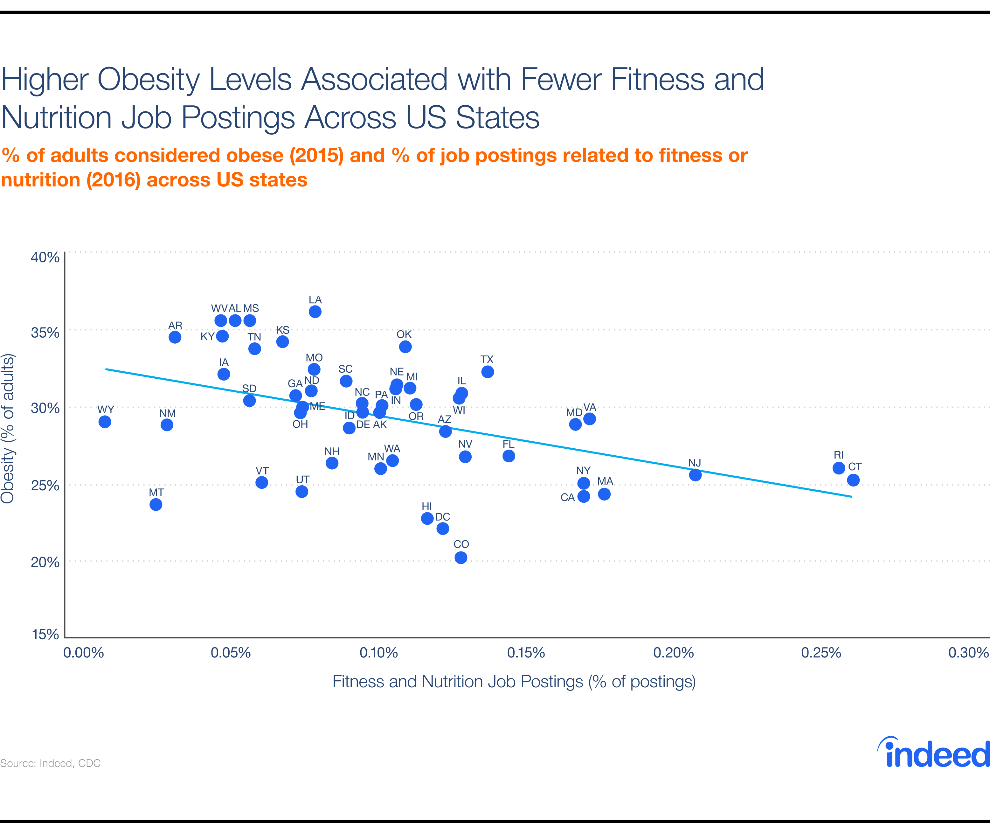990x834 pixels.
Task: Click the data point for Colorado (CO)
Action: [461, 558]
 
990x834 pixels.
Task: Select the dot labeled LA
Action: [315, 312]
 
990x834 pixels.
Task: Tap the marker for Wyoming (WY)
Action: [105, 422]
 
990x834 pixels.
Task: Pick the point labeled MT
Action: [156, 504]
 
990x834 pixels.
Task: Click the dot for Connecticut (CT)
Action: [853, 480]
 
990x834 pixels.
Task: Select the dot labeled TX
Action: [487, 372]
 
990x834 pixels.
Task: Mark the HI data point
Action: [427, 518]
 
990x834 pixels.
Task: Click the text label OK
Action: [404, 334]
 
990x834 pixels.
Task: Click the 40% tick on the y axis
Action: [45, 257]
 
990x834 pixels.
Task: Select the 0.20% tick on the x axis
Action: [673, 653]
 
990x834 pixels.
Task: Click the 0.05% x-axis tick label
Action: [231, 653]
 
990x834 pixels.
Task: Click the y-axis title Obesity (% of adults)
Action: [8, 428]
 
